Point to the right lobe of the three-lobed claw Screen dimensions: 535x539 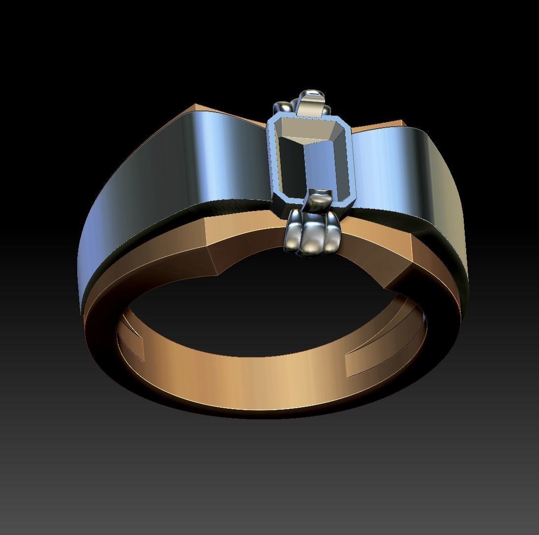click(x=329, y=235)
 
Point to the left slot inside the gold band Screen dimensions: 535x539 click(x=132, y=344)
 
